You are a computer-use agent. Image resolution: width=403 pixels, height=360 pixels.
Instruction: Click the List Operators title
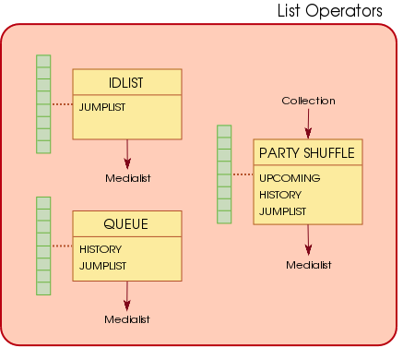(330, 11)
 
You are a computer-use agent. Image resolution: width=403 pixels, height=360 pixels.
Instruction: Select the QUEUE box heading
(125, 224)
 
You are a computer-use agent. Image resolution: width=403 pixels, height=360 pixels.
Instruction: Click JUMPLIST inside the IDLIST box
(101, 107)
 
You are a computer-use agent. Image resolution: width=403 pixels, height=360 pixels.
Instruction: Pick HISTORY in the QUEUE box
(100, 249)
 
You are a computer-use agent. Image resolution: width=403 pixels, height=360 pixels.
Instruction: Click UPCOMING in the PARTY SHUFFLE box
(290, 178)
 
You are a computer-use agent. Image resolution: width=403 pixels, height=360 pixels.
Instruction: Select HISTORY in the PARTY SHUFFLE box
(280, 195)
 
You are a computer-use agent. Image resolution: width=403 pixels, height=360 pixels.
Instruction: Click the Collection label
(308, 101)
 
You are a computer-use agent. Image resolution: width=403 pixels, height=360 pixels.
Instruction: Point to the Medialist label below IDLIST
(127, 177)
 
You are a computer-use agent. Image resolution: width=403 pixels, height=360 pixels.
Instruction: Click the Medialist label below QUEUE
(127, 318)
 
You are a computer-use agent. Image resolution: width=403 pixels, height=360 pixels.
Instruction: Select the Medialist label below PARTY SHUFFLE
(308, 265)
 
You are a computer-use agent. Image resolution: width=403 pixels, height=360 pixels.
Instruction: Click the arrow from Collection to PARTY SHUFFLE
(308, 123)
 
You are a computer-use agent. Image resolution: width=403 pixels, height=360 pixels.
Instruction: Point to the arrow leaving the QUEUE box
(127, 294)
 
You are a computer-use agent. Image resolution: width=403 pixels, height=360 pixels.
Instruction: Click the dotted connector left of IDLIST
(61, 104)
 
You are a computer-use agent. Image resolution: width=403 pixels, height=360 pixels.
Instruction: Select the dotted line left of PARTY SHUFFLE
(242, 174)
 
